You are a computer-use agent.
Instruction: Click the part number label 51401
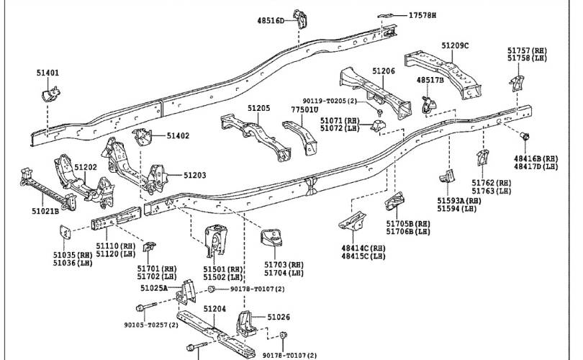pos(48,73)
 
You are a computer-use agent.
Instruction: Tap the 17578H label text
pos(422,15)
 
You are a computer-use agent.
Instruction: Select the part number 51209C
pos(455,45)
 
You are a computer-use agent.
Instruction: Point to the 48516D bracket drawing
pos(299,19)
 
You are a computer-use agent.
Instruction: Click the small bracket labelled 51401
pos(50,94)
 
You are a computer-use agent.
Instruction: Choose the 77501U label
pos(304,109)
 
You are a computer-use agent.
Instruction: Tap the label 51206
pos(384,71)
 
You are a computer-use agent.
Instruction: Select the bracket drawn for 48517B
pos(428,105)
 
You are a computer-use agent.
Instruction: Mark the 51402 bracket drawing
pos(143,138)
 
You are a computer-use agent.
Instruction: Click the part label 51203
pos(194,175)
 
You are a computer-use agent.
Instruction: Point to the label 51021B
pos(45,211)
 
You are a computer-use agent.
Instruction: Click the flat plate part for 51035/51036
pos(65,232)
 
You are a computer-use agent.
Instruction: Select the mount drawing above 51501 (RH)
pos(216,240)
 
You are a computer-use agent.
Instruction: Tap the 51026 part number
pos(279,317)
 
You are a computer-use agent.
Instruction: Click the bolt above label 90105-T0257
pos(146,307)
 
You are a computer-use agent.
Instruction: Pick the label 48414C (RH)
pos(363,248)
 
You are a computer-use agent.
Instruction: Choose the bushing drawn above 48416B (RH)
pos(524,137)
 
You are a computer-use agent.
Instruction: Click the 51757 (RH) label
pos(528,50)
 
